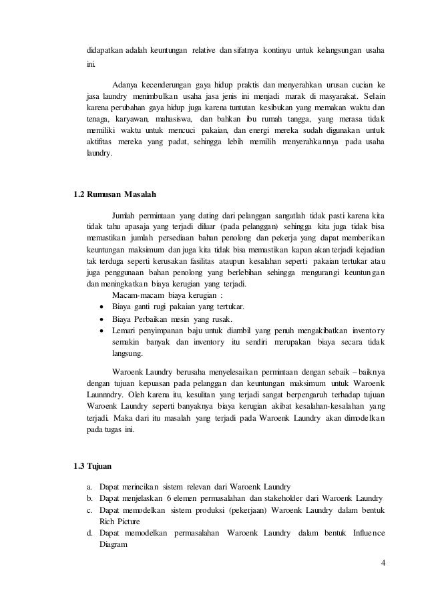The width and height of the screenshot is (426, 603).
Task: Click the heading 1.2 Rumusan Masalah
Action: tap(114, 196)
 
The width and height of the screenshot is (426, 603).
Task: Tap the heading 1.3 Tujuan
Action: tap(93, 465)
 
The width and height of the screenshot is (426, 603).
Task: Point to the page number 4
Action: tap(383, 568)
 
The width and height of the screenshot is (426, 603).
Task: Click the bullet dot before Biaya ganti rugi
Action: tap(101, 307)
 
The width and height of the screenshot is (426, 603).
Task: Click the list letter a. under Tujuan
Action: tap(90, 485)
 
